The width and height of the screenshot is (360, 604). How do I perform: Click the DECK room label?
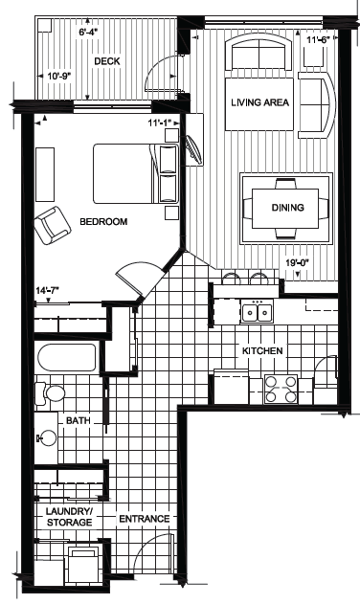point(107,61)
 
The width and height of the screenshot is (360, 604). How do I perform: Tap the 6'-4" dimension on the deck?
point(89,32)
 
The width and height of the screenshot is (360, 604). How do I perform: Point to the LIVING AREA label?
point(259,102)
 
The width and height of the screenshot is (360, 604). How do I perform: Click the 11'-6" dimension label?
point(319,39)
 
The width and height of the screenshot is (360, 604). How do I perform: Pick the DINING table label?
point(288,208)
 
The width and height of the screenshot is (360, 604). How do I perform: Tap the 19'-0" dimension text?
point(297,263)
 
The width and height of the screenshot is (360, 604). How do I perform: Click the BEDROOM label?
point(103,221)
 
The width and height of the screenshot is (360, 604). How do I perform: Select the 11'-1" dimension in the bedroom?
point(160,123)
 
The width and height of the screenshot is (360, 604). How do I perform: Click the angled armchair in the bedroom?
point(53,225)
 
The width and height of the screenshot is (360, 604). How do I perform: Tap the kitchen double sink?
point(257,312)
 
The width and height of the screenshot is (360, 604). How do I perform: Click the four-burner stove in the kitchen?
point(281,389)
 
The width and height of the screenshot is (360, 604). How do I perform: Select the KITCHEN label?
point(262,351)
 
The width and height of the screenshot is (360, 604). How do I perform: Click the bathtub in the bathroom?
point(67,357)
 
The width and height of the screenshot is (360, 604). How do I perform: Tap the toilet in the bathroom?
point(50,393)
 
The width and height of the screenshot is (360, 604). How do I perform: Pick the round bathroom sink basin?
point(48,438)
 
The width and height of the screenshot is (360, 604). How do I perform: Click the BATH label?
point(79,420)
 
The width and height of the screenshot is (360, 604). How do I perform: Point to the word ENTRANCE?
point(145,519)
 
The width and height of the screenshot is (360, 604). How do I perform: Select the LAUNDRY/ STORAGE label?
point(69,517)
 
